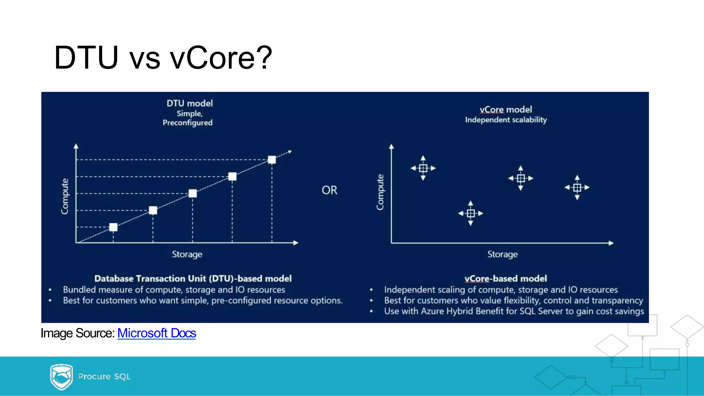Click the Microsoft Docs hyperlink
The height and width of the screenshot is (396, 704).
(156, 333)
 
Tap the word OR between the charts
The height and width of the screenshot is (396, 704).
(329, 190)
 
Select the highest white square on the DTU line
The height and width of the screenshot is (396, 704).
(272, 160)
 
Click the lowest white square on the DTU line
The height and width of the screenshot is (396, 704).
(113, 227)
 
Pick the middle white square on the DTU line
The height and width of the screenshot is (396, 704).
(192, 193)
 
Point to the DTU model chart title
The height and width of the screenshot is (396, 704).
(189, 103)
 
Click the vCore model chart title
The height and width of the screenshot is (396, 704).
(506, 110)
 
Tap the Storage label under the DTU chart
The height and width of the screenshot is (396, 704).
(187, 254)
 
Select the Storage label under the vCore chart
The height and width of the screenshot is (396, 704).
(502, 254)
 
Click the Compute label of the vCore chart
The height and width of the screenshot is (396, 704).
(380, 192)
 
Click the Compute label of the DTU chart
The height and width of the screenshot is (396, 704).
(65, 196)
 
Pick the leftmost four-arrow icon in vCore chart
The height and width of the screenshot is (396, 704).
(423, 168)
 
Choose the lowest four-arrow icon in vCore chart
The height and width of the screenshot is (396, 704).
(471, 213)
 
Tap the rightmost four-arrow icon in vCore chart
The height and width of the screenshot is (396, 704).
(577, 188)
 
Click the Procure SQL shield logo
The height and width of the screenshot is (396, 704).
(61, 376)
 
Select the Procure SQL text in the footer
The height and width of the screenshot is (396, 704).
(104, 376)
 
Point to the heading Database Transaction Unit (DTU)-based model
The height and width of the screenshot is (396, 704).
(193, 278)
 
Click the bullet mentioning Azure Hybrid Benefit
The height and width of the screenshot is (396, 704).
(514, 311)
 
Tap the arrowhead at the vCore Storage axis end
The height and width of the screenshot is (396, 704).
(611, 243)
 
